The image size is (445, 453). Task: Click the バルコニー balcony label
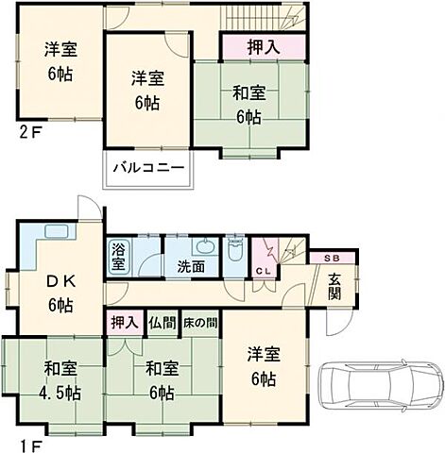pyautogui.click(x=149, y=167)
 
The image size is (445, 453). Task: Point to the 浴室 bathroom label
pyautogui.click(x=119, y=257)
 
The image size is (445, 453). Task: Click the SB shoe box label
pyautogui.click(x=334, y=258)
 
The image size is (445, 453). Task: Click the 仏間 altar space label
pyautogui.click(x=161, y=322)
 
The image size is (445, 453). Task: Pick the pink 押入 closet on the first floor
pyautogui.click(x=123, y=322)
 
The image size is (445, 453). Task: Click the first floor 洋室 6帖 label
pyautogui.click(x=265, y=366)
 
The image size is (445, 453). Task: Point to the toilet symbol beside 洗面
pyautogui.click(x=234, y=252)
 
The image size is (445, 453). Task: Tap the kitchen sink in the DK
pyautogui.click(x=54, y=232)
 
